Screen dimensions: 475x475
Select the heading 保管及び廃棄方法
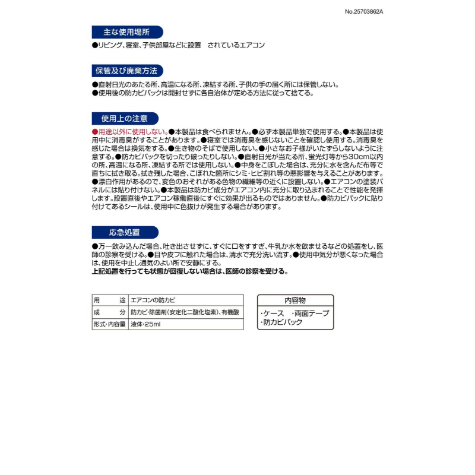[x=126, y=71]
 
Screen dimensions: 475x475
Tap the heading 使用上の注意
[x=125, y=118]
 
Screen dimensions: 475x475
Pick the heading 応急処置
[x=125, y=232]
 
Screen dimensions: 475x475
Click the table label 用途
[x=109, y=300]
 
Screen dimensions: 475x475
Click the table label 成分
[x=109, y=312]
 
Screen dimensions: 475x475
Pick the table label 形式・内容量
[x=109, y=324]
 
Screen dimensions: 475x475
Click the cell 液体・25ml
[x=145, y=324]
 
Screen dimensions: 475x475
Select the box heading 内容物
[x=295, y=300]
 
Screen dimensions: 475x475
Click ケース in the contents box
[x=274, y=313]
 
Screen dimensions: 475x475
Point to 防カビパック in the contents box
[x=283, y=322]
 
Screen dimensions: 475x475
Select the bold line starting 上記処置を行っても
[x=190, y=271]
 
